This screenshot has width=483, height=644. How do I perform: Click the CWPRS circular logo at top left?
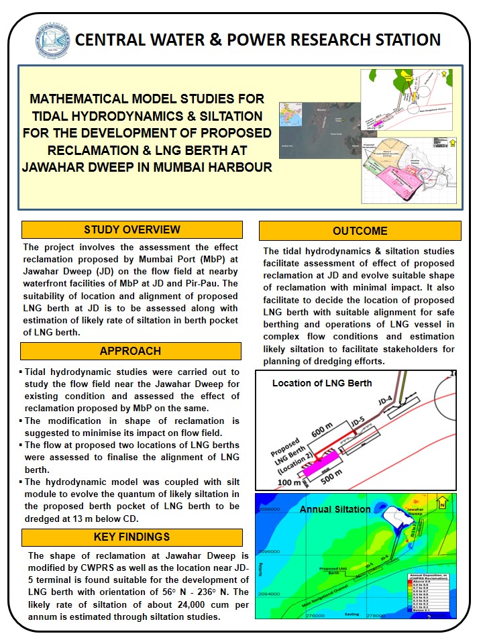point(51,40)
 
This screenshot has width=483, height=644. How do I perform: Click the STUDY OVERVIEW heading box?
point(131,230)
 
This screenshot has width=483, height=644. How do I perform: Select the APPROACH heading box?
point(131,351)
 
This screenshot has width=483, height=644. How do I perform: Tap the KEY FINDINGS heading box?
point(131,537)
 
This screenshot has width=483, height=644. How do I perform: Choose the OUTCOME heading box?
point(360,231)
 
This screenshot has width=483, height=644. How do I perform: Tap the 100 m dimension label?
point(288,482)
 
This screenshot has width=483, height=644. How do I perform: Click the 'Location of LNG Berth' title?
point(321,383)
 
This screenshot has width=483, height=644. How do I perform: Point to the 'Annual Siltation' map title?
point(335,509)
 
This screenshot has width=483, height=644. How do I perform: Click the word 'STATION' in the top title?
point(403,40)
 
